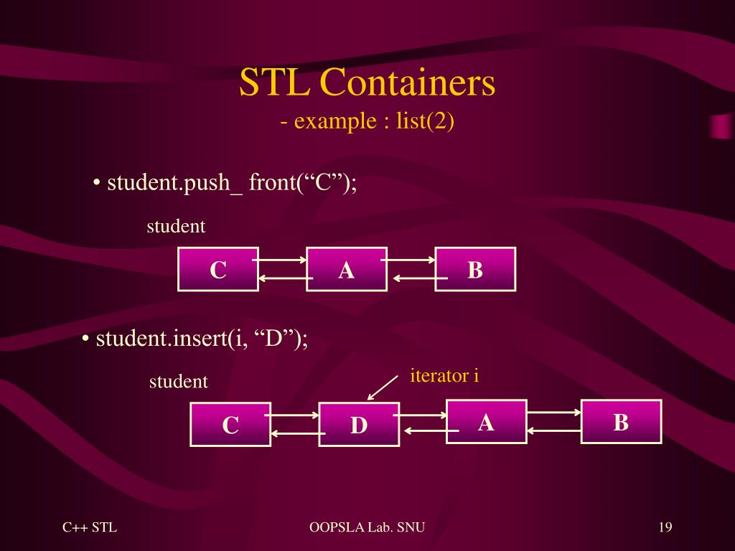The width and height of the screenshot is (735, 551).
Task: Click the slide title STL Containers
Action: [367, 83]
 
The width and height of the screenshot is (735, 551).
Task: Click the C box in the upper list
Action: [218, 270]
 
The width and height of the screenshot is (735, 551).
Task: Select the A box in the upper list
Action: [347, 270]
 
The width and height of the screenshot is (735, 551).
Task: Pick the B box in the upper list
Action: [475, 270]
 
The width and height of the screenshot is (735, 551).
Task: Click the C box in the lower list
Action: [230, 425]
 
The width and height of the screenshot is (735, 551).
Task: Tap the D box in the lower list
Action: [359, 425]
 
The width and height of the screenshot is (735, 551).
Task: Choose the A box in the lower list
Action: [487, 422]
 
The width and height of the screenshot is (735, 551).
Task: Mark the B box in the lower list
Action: [621, 422]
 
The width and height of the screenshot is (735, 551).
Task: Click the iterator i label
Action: [444, 375]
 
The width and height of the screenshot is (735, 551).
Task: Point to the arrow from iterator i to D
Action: [382, 387]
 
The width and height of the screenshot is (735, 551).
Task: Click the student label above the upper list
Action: [176, 227]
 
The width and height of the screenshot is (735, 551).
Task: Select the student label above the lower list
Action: [179, 382]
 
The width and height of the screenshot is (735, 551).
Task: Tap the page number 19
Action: [665, 528]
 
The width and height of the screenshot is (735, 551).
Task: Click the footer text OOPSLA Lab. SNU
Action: [367, 528]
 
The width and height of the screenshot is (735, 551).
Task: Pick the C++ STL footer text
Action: [90, 528]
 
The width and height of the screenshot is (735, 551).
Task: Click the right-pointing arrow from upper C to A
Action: [281, 260]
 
